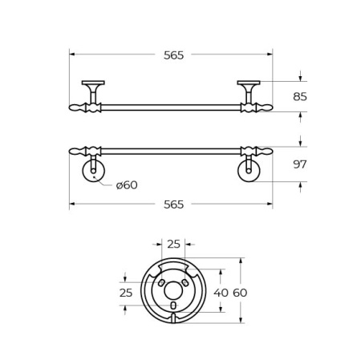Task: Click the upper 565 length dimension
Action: click(x=173, y=55)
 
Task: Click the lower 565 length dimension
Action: click(x=173, y=204)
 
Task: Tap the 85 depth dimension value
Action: click(x=300, y=97)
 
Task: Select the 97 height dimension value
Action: click(x=300, y=164)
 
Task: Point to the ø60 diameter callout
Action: click(x=127, y=185)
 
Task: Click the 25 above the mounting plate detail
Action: click(x=173, y=245)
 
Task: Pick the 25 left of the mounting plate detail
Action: click(x=126, y=293)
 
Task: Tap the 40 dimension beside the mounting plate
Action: click(x=221, y=293)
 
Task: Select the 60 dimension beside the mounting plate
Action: click(x=240, y=293)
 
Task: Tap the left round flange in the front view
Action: click(x=93, y=171)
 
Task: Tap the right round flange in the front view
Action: click(x=249, y=171)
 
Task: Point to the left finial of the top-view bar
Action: click(x=78, y=107)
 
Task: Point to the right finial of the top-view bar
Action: click(x=264, y=107)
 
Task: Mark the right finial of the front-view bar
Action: click(x=264, y=151)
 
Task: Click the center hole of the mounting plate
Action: click(x=173, y=290)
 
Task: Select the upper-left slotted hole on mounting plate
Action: click(x=161, y=283)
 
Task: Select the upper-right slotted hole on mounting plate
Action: click(x=185, y=283)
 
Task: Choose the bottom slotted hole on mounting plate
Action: click(x=173, y=305)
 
